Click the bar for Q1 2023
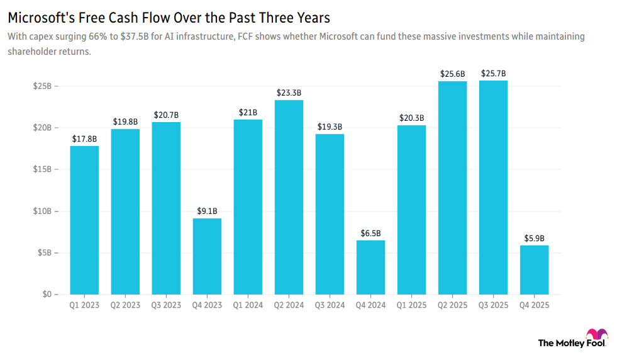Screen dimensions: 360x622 point(84,220)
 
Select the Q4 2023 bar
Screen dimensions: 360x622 point(207,256)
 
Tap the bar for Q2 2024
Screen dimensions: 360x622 point(289,197)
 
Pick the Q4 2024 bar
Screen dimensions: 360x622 point(370,267)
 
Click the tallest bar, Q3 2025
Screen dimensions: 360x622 point(493,187)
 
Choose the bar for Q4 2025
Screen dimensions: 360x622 point(534,269)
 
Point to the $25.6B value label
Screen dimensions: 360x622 point(452,74)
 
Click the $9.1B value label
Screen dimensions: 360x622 point(207,211)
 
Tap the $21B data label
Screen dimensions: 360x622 point(248,112)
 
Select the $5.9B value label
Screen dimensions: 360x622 point(534,238)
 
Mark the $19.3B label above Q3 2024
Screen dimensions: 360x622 point(330,127)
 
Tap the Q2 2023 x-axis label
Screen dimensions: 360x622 point(125,305)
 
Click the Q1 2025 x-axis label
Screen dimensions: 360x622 point(411,305)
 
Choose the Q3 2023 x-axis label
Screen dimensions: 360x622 point(166,305)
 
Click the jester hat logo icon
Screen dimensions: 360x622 point(596,336)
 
